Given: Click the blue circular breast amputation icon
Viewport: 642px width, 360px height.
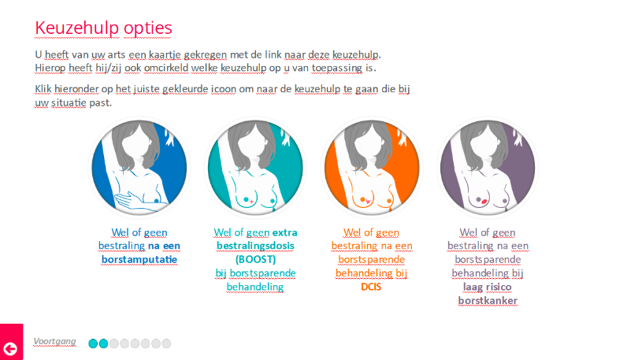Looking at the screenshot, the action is [x=139, y=168].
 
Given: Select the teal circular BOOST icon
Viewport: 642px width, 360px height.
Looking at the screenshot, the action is [x=255, y=168].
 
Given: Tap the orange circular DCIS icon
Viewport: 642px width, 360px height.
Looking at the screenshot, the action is [x=372, y=168].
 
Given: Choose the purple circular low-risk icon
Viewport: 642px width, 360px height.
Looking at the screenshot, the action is [x=488, y=168].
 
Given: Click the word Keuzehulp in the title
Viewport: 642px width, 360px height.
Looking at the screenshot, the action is [x=77, y=28].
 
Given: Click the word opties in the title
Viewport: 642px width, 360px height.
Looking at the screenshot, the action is [x=148, y=28].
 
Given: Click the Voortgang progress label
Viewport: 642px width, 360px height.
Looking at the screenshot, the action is [x=54, y=342].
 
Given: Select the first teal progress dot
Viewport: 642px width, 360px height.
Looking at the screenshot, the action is [x=93, y=343].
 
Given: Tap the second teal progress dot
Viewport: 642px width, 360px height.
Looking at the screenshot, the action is [x=104, y=343].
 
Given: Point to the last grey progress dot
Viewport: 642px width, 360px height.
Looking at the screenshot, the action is [x=166, y=343].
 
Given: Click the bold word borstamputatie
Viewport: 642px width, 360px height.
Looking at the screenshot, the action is [x=139, y=259].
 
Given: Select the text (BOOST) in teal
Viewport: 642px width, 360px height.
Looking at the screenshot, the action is [x=255, y=259].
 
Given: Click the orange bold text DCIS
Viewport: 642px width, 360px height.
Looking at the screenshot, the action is [x=371, y=287].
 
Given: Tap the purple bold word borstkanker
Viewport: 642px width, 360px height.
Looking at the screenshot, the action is [x=488, y=301].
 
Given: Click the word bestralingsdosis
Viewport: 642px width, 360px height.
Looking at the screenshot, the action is [x=255, y=246].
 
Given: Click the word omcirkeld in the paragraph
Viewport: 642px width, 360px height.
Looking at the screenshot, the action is [x=166, y=68].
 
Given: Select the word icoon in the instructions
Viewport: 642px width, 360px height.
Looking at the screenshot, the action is [x=224, y=89].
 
